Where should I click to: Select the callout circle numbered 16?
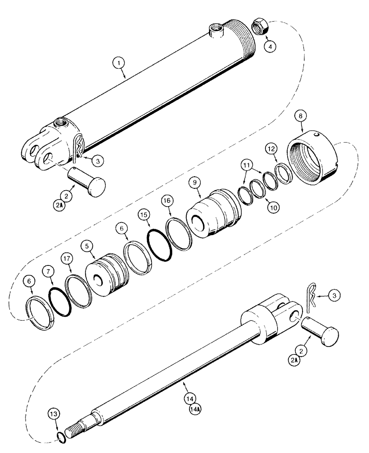167,200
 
